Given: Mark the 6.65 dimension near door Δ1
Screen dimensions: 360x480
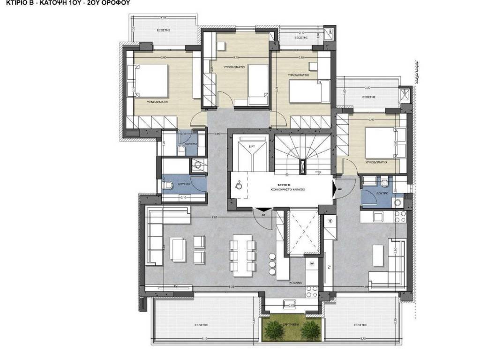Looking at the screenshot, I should tap(214, 217).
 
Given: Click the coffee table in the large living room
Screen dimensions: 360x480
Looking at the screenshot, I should tap(178, 248).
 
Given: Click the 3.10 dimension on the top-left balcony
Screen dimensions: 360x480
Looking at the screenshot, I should tap(164, 18).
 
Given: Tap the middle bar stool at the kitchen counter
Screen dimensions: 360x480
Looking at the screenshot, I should tap(272, 264).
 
